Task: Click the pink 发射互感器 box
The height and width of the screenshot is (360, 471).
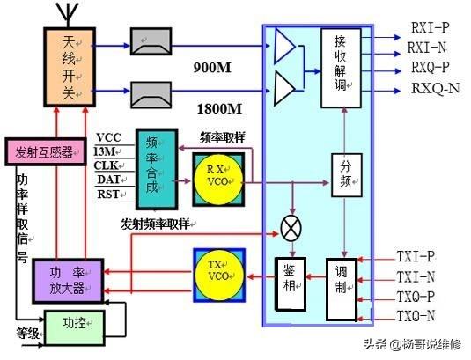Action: (43, 151)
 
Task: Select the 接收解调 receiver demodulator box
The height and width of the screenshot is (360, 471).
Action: (340, 68)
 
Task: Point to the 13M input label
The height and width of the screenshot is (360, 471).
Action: (107, 151)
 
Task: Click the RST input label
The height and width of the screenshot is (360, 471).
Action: (107, 195)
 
